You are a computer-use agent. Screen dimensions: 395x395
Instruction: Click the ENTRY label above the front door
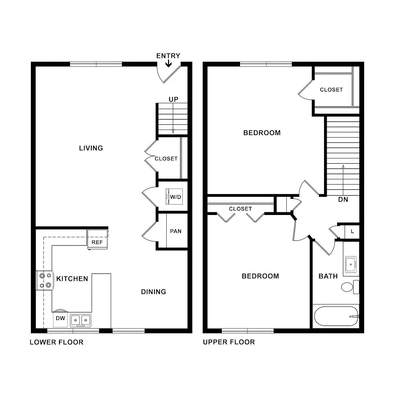tap(168, 56)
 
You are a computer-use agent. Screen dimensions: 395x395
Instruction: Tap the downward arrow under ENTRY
tap(169, 63)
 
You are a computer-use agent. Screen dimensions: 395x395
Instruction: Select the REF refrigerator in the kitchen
tap(97, 239)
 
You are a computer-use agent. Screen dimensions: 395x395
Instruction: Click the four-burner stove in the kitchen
tap(45, 280)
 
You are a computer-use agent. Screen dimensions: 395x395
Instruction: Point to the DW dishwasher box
tap(60, 319)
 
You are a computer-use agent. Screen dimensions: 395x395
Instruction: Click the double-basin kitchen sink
tap(81, 321)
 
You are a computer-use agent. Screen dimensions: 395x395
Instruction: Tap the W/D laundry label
tap(175, 197)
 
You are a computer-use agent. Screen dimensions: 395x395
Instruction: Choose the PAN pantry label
tap(176, 231)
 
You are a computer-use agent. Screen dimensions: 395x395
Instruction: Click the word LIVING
tap(91, 148)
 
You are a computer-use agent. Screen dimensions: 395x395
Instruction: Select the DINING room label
tap(153, 292)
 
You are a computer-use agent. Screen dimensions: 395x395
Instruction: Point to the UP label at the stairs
tap(173, 99)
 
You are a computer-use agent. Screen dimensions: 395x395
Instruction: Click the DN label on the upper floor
tap(343, 200)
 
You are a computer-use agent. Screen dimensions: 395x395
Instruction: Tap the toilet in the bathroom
tap(350, 287)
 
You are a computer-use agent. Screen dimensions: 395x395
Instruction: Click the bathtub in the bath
tap(336, 316)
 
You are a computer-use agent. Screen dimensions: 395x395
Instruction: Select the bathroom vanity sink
tap(351, 264)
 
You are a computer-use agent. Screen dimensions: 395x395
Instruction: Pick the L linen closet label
tap(352, 231)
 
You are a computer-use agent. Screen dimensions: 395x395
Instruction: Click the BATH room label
tap(328, 276)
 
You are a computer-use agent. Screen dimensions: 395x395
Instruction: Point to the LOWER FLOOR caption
tap(57, 342)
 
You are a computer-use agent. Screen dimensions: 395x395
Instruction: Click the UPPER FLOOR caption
tap(229, 342)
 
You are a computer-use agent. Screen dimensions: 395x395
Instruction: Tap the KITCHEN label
tap(72, 279)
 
